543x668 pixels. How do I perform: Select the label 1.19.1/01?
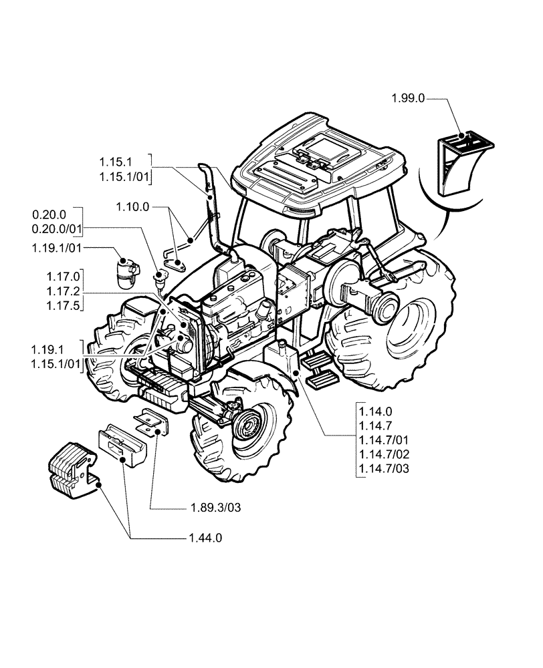point(56,248)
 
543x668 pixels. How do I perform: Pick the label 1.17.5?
point(64,306)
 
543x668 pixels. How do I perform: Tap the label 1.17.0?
point(64,277)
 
